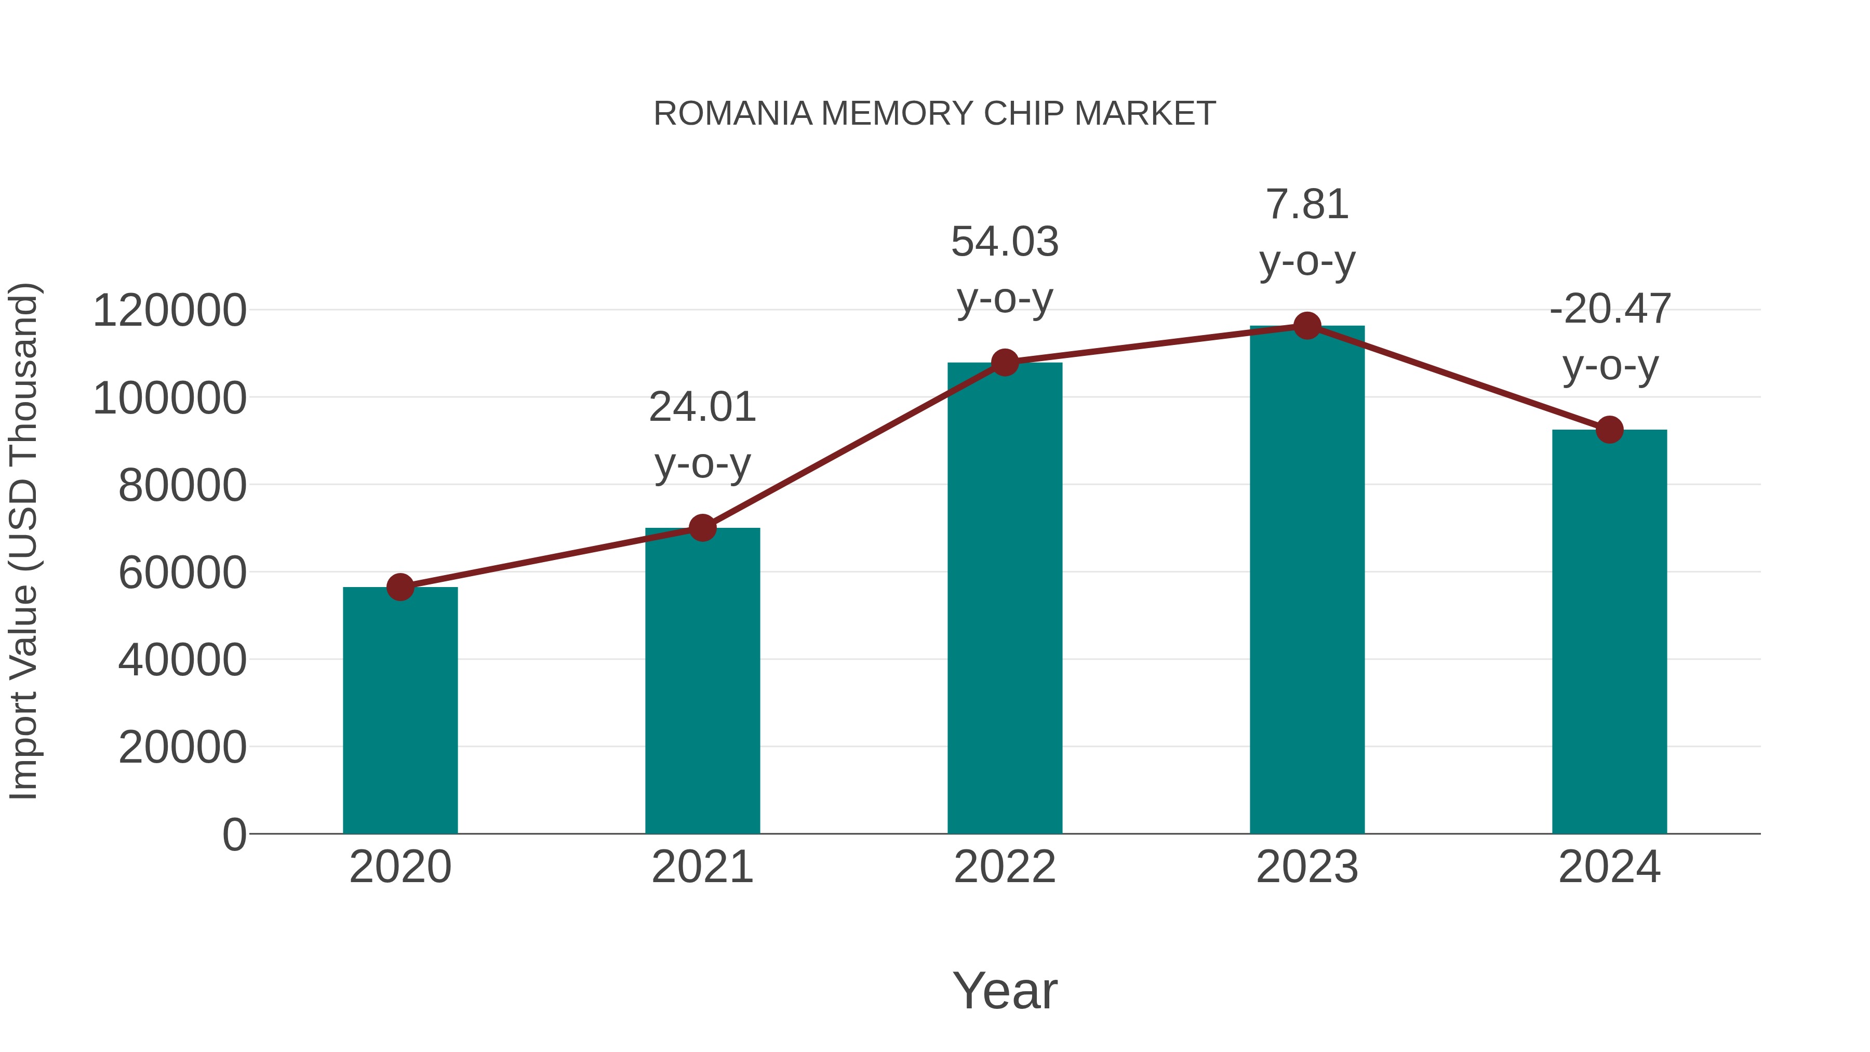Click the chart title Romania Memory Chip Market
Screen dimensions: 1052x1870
pyautogui.click(x=934, y=114)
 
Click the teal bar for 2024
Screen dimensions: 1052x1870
pyautogui.click(x=1609, y=632)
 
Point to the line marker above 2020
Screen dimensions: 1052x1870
pyautogui.click(x=400, y=587)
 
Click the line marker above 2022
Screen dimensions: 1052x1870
pyautogui.click(x=1005, y=362)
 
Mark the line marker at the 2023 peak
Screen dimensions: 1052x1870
pyautogui.click(x=1307, y=326)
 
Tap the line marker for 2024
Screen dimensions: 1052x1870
pyautogui.click(x=1609, y=430)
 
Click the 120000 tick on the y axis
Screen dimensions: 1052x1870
pyautogui.click(x=170, y=311)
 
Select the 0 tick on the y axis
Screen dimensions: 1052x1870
pyautogui.click(x=234, y=835)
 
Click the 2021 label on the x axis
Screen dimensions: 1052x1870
pyautogui.click(x=702, y=868)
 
